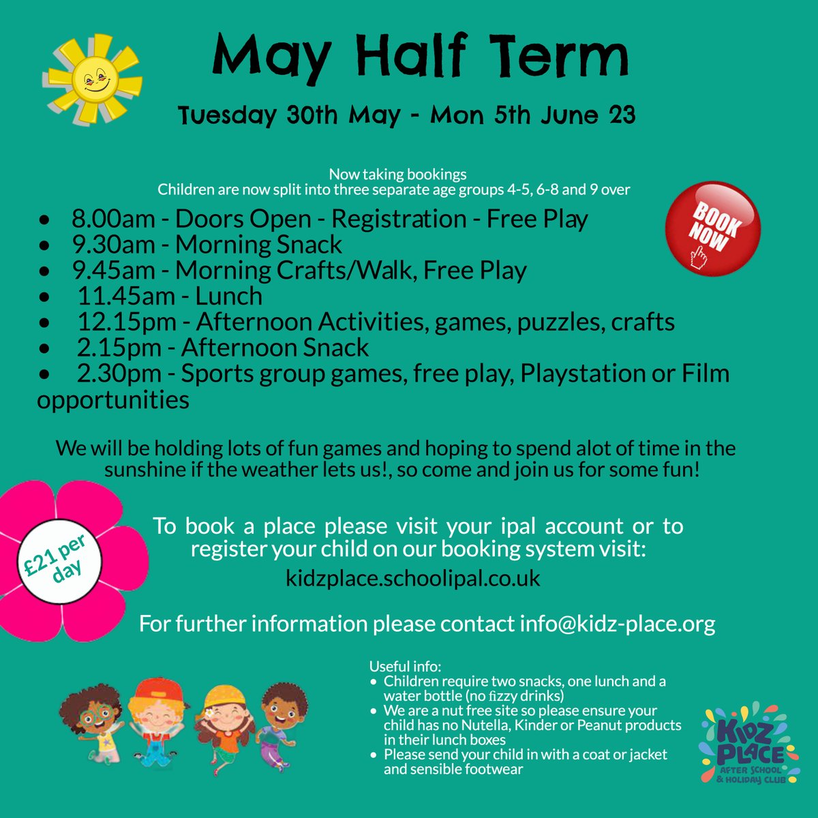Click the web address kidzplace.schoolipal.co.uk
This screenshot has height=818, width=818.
click(x=413, y=578)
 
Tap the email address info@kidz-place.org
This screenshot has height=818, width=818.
click(x=617, y=623)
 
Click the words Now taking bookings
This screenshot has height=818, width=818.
click(x=397, y=175)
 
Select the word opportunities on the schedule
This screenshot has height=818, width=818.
click(x=113, y=399)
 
